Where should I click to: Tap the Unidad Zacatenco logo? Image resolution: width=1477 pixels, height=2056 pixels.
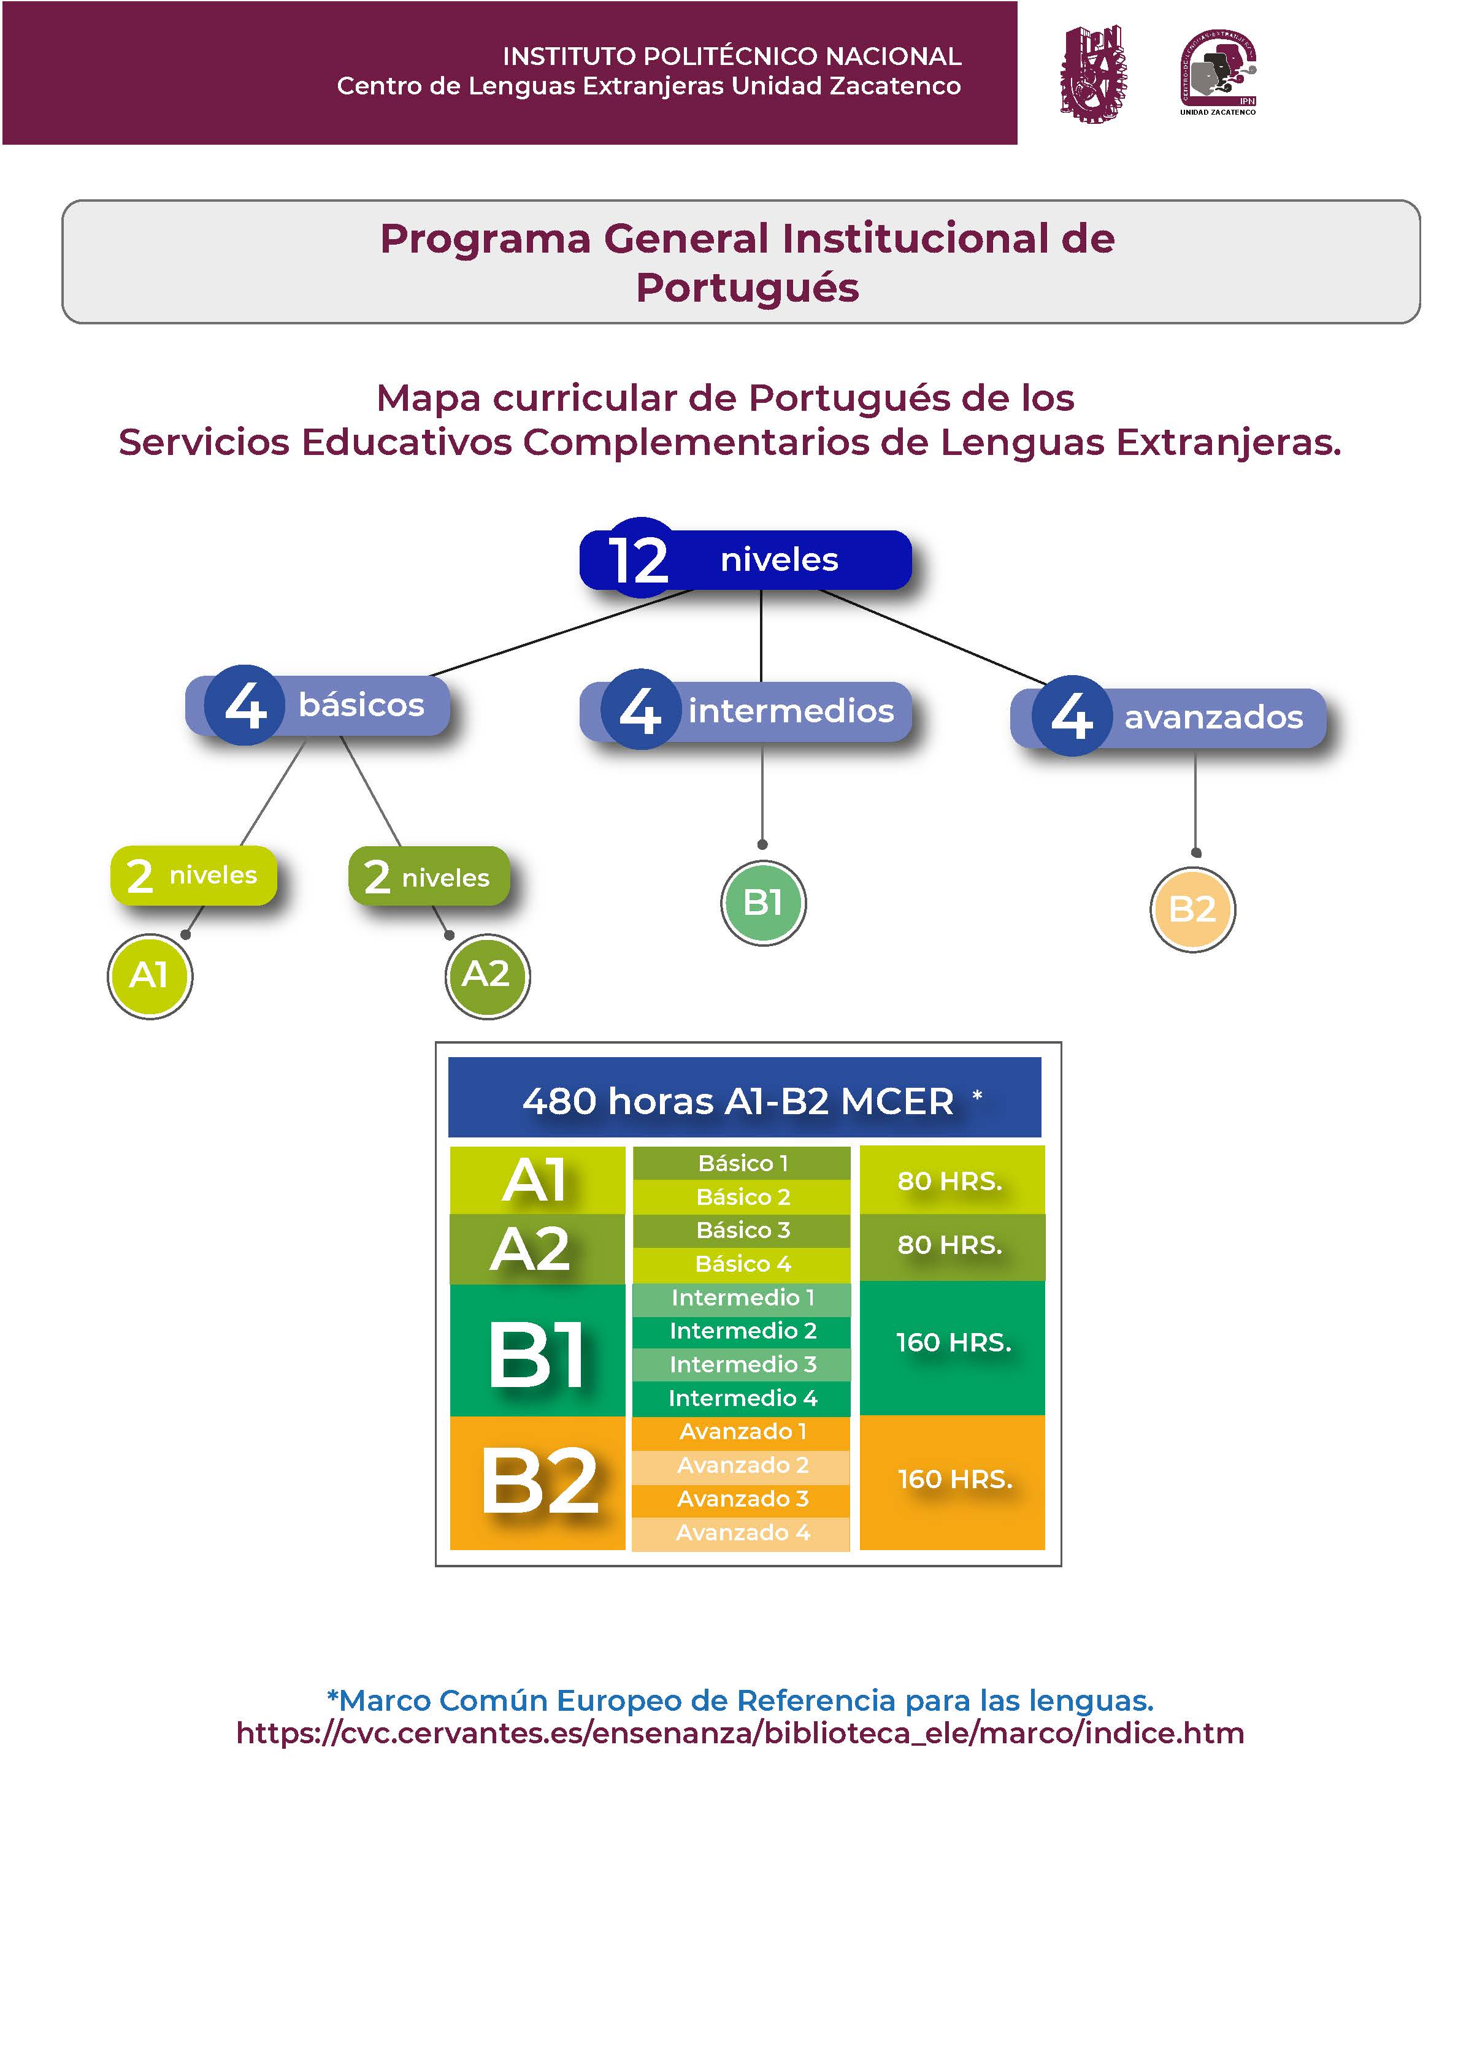(x=1218, y=72)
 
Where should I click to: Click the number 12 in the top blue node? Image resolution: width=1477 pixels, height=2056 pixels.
(x=639, y=559)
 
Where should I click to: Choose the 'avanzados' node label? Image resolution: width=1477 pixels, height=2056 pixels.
(x=1213, y=717)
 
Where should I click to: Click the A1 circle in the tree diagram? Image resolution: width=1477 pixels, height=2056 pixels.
(x=150, y=976)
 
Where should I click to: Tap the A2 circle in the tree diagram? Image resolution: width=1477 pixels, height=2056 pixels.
(x=487, y=976)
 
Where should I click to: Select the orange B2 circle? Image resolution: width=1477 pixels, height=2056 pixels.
(x=1192, y=909)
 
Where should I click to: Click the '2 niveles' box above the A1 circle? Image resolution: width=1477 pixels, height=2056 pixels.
(x=193, y=875)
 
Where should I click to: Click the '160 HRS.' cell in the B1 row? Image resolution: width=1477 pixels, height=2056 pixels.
(x=953, y=1343)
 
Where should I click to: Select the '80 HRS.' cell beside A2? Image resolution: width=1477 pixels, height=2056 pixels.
(x=950, y=1245)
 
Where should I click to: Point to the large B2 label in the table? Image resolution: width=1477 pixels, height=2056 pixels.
(x=539, y=1482)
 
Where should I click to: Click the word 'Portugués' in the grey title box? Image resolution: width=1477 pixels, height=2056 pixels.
(x=747, y=288)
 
